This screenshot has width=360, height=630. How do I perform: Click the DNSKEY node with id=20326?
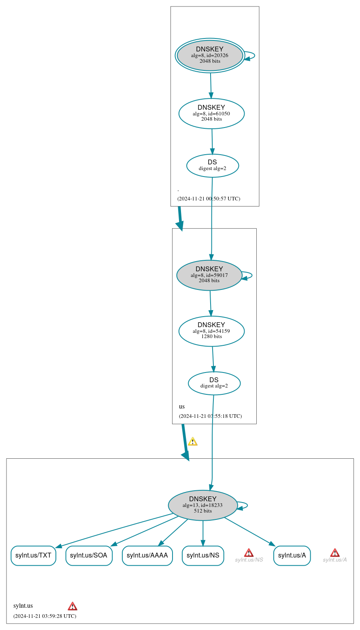point(210,55)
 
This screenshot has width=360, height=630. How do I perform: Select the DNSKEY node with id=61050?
point(211,114)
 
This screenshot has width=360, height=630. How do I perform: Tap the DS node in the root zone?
point(213,166)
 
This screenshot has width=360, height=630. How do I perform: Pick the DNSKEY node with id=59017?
point(209,275)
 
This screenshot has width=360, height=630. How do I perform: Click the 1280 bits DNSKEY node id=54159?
point(211,331)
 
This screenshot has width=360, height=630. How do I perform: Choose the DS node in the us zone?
point(214,383)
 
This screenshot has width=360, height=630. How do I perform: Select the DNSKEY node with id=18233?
point(203,505)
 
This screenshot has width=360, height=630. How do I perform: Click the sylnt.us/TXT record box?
point(33,556)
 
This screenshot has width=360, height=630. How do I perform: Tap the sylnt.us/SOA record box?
point(89,556)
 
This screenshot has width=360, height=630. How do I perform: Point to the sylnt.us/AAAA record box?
point(147,556)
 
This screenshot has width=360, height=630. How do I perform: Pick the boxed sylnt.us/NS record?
point(203,556)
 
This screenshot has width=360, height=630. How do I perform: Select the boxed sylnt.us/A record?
point(292,556)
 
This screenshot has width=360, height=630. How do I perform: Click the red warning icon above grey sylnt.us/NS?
point(249,553)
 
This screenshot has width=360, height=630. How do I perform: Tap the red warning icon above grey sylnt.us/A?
point(334,553)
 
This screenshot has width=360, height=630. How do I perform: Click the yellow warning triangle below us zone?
point(193,442)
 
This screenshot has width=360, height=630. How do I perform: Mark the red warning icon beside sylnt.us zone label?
point(72,606)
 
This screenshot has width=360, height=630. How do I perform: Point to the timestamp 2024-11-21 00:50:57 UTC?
point(209,199)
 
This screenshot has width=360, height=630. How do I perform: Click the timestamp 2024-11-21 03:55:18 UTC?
point(210,416)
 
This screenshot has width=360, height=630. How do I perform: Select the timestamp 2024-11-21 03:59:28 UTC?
point(45,616)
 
